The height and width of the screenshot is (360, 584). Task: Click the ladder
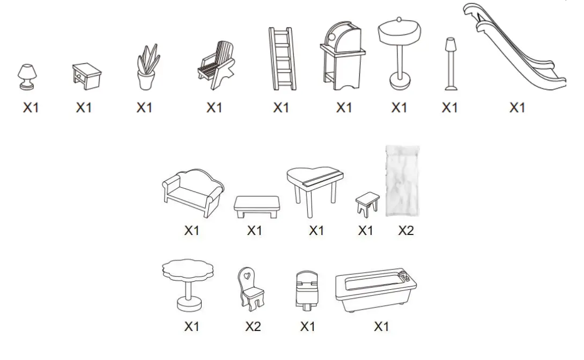pyautogui.click(x=282, y=58)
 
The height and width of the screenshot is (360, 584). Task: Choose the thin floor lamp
pyautogui.click(x=450, y=64)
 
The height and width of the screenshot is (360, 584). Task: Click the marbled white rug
pyautogui.click(x=402, y=181)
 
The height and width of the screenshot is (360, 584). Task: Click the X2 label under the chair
pyautogui.click(x=253, y=326)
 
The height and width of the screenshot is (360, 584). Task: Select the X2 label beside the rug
pyautogui.click(x=406, y=231)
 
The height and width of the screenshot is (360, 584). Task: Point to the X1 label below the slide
pyautogui.click(x=517, y=107)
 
